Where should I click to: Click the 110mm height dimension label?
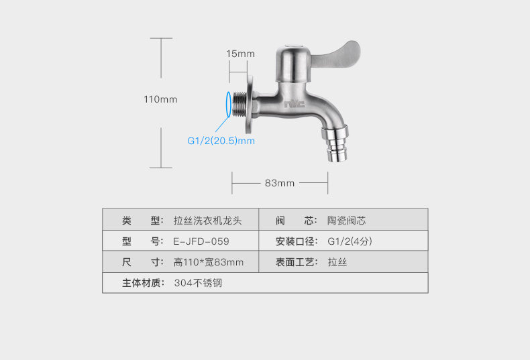pos(160,99)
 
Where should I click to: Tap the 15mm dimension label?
pos(240,54)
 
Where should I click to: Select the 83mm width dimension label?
pos(280,183)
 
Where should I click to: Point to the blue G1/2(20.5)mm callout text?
pos(221,141)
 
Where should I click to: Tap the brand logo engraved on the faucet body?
pos(294,104)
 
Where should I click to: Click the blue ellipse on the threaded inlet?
pos(229,104)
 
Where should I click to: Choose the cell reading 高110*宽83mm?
pos(209,262)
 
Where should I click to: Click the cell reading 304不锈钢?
pos(198,283)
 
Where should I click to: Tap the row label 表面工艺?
pos(296,262)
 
